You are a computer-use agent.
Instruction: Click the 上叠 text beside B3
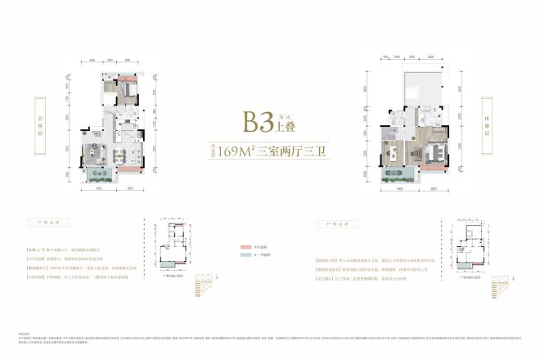[285, 128]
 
